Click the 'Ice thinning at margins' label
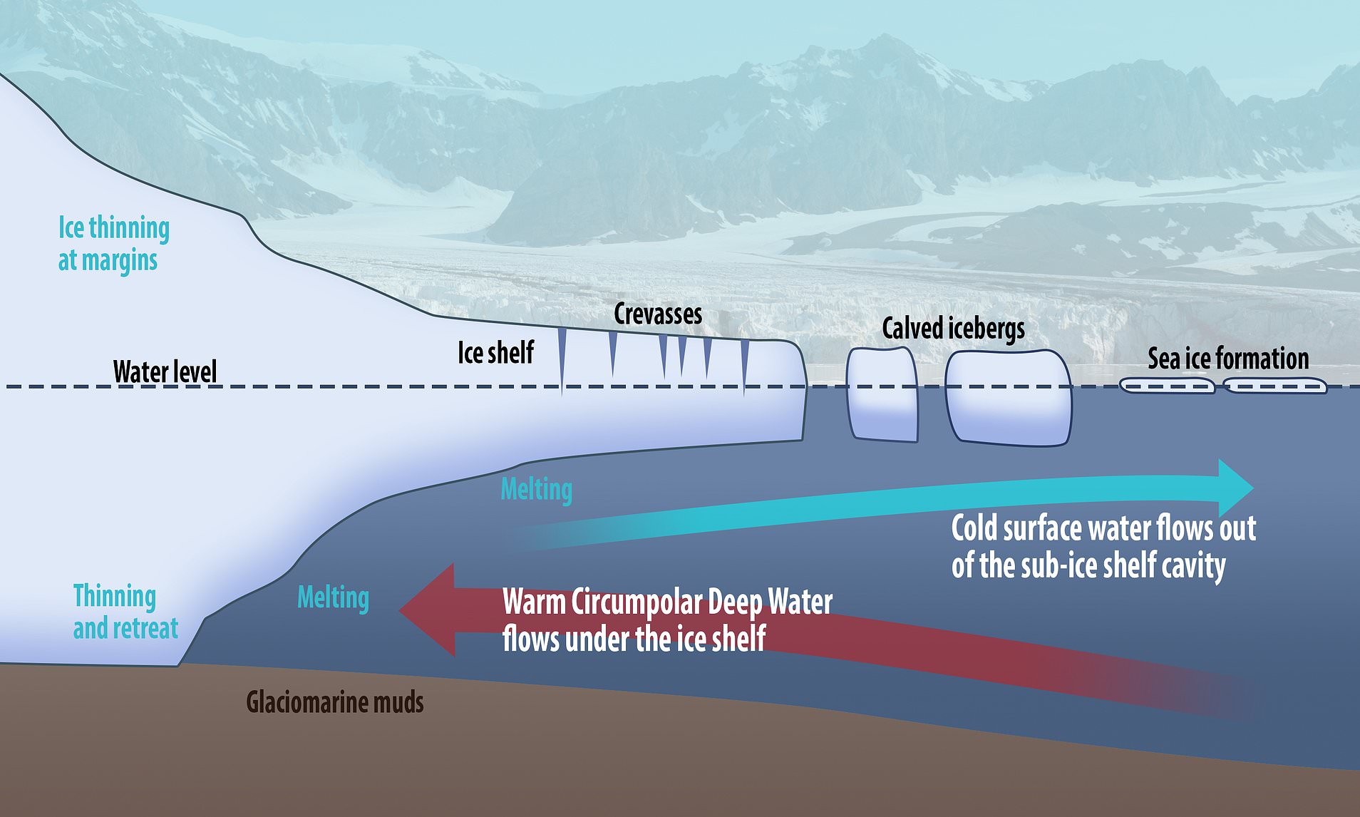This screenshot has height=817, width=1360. click(x=113, y=244)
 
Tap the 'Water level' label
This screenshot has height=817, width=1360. click(x=165, y=371)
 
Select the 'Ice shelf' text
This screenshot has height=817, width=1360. click(x=495, y=352)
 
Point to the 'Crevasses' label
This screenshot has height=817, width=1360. click(x=658, y=314)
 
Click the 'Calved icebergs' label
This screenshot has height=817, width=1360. click(x=953, y=329)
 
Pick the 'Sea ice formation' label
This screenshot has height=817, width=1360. click(x=1227, y=358)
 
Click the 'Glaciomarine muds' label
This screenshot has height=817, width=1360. click(x=335, y=702)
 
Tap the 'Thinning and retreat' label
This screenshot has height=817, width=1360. click(x=125, y=612)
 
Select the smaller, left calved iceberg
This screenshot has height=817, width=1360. click(x=882, y=394)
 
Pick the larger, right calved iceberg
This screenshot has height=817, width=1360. click(x=1008, y=398)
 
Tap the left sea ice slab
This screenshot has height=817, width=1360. click(x=1166, y=386)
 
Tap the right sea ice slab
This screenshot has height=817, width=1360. click(x=1274, y=386)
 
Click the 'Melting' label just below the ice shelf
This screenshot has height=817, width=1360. click(x=536, y=490)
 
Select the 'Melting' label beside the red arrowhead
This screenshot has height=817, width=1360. click(x=333, y=597)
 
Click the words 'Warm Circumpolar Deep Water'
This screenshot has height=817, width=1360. click(x=667, y=602)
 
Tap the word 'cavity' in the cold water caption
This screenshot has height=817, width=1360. click(x=1193, y=565)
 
